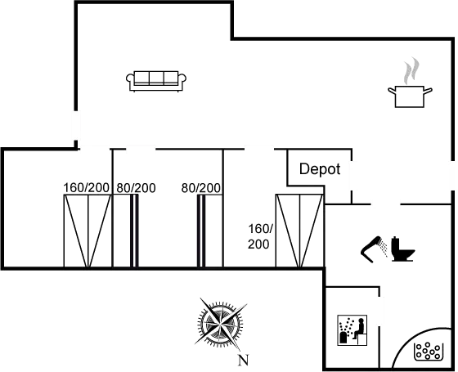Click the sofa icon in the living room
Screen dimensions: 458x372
point(156,81)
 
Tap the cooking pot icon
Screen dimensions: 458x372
point(410,96)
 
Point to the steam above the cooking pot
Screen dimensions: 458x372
point(411,70)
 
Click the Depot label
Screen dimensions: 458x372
point(320,169)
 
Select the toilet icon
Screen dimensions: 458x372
point(402,249)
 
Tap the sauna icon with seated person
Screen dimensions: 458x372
point(352,330)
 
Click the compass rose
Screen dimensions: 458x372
point(220,324)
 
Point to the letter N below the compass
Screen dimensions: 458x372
point(243,360)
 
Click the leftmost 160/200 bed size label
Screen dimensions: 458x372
point(86,188)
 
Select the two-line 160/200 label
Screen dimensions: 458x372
point(260,236)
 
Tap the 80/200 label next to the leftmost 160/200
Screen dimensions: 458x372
point(136,188)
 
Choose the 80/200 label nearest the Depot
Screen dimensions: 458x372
point(201,188)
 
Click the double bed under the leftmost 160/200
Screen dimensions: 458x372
point(88,231)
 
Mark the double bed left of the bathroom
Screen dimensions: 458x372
point(299,231)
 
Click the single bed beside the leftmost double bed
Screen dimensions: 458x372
point(126,231)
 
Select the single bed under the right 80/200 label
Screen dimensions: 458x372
point(210,231)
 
